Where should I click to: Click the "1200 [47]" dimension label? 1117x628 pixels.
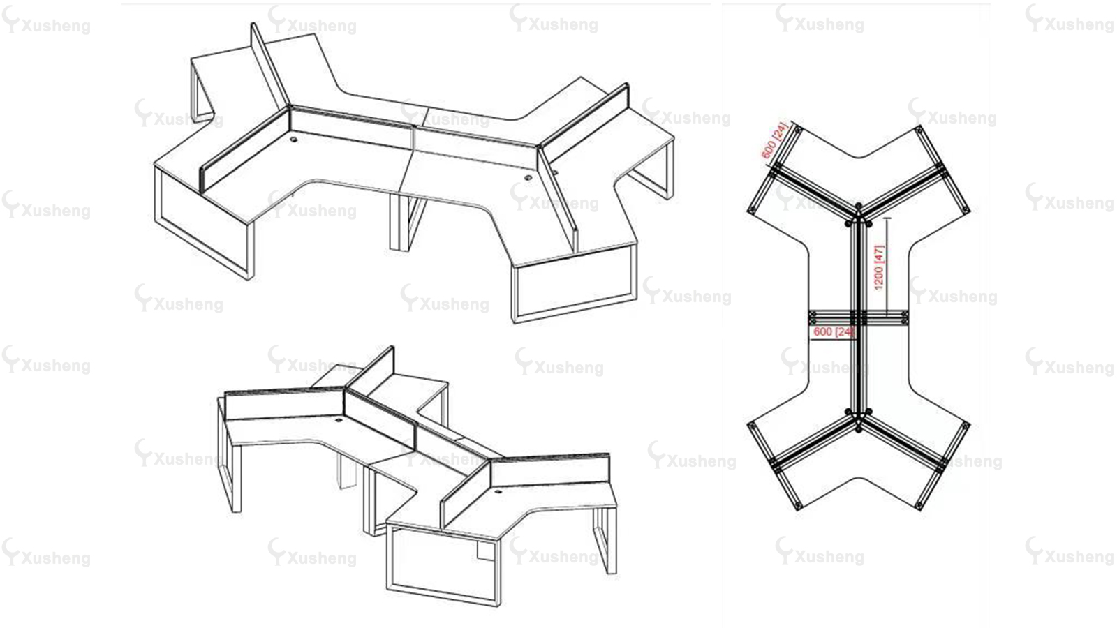pyautogui.click(x=879, y=267)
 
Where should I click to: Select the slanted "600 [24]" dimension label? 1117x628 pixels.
pyautogui.click(x=774, y=140)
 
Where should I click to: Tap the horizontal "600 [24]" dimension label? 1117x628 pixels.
pyautogui.click(x=834, y=331)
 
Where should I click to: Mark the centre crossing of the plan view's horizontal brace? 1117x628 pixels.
pyautogui.click(x=858, y=317)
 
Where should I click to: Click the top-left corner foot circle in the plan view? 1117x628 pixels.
pyautogui.click(x=797, y=130)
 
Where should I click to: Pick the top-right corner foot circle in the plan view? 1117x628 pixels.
pyautogui.click(x=919, y=130)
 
